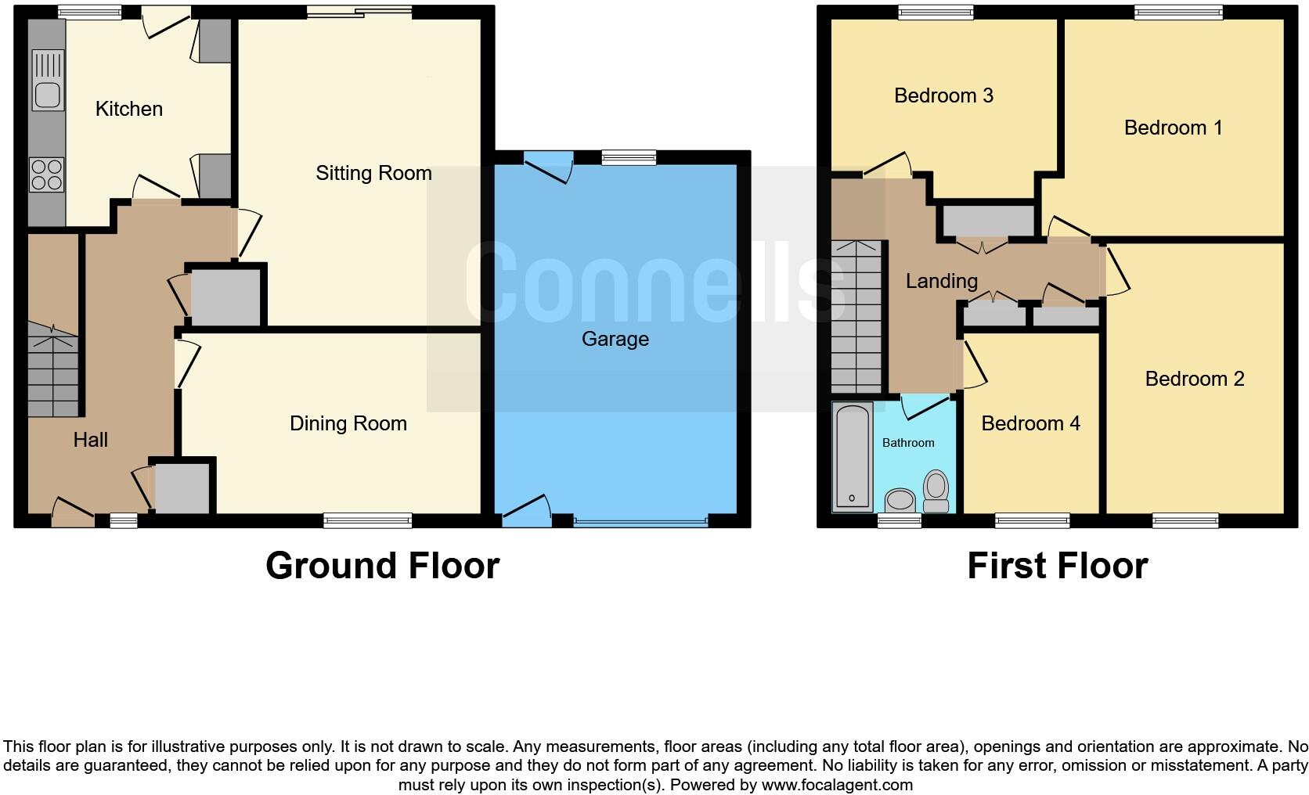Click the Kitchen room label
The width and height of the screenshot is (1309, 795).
pos(129,109)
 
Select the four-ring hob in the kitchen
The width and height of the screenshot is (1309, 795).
pos(46,174)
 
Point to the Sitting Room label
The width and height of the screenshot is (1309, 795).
pos(373,173)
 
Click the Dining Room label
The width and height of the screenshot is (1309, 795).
pos(348,423)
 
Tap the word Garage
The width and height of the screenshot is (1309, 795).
pos(615,339)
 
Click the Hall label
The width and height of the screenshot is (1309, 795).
pos(91,440)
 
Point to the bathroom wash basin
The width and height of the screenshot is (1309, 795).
pos(901,499)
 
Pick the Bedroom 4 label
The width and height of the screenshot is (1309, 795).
pos(1030,423)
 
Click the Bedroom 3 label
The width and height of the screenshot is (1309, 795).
pos(943,95)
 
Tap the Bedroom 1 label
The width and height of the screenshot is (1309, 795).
pos(1173,128)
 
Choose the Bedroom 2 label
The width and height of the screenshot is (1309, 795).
pos(1194,379)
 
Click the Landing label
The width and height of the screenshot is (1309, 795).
pos(941,281)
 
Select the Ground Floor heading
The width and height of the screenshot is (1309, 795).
pos(382,566)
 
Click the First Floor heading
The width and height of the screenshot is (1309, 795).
pos(1057,566)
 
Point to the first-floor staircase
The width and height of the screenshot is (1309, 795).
pos(856,317)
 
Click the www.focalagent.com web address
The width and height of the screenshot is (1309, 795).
pos(836,785)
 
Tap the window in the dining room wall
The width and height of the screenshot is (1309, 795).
pos(368,520)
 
